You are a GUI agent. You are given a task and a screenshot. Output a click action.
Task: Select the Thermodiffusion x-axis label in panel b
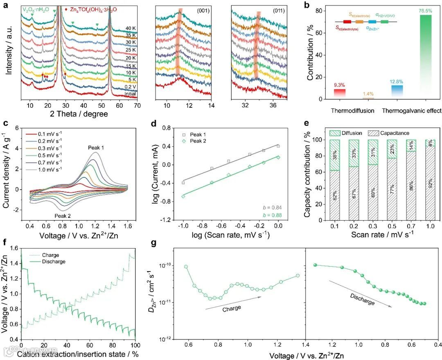tap(347, 111)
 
